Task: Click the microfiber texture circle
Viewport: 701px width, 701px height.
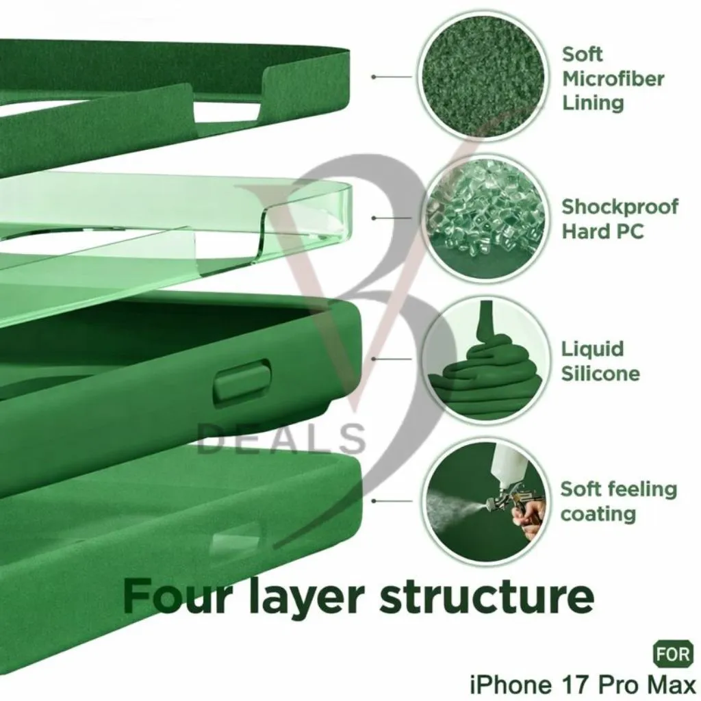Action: (483, 77)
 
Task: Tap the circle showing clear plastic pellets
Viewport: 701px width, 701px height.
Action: (485, 218)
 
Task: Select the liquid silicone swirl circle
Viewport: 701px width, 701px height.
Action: (485, 359)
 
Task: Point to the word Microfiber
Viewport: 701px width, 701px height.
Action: (613, 79)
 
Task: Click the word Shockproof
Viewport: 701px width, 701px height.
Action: (620, 207)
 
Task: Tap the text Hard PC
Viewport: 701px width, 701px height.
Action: (602, 231)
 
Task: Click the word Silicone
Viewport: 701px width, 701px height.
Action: (600, 374)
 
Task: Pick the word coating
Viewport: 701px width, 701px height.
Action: (598, 514)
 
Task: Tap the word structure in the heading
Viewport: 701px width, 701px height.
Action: (487, 597)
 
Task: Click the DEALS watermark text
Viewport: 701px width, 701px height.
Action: (281, 438)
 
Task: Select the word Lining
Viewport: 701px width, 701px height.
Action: (593, 103)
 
